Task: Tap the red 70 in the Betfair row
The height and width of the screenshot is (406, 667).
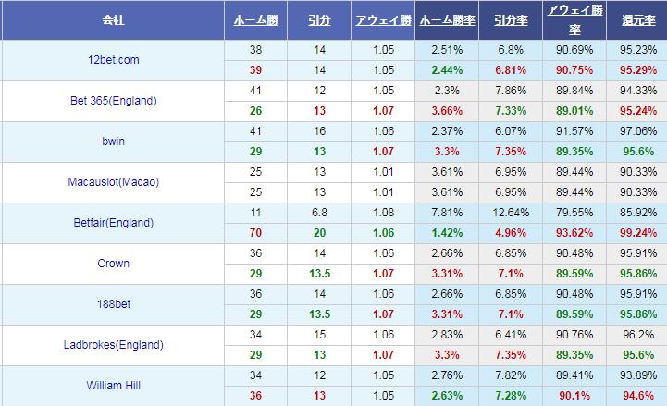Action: [x=256, y=233]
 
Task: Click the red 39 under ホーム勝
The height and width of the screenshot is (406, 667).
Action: [x=256, y=70]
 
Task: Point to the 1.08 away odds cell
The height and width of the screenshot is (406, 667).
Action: [x=383, y=213]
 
